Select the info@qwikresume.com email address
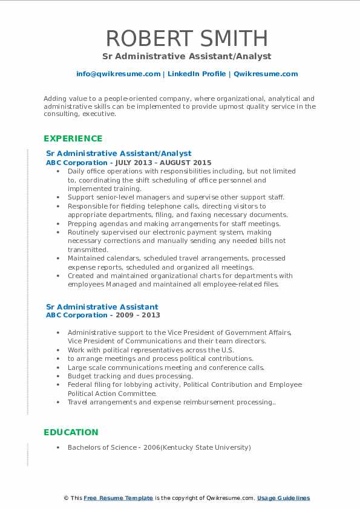[x=118, y=74]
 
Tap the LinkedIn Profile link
[x=197, y=74]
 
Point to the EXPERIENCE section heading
[x=73, y=138]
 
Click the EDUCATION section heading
[x=71, y=432]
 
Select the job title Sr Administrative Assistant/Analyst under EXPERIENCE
[x=119, y=154]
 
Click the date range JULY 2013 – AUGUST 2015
[x=172, y=163]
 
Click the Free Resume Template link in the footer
[x=118, y=498]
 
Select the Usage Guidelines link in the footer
[x=283, y=498]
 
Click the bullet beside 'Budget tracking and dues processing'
[x=57, y=376]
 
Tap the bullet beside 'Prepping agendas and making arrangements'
[x=57, y=224]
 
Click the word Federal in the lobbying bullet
[x=80, y=384]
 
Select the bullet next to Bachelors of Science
[x=57, y=448]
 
